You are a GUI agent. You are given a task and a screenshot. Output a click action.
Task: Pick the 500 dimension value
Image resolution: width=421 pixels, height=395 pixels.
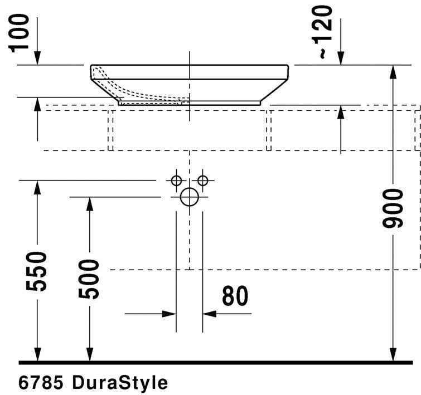(89, 279)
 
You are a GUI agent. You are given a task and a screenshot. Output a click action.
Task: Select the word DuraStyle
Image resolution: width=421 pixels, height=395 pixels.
(120, 383)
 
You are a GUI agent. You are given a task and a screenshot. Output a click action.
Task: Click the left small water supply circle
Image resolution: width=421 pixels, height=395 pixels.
(176, 181)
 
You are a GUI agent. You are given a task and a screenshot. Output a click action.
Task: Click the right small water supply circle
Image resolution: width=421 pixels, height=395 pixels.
(202, 181)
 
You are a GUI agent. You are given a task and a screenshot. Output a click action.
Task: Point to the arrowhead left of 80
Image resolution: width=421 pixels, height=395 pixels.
(170, 314)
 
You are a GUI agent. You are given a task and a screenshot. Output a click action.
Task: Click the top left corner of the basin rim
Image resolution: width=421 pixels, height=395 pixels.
(92, 66)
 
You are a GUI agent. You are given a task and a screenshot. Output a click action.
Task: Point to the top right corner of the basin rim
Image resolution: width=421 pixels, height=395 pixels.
(288, 66)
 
